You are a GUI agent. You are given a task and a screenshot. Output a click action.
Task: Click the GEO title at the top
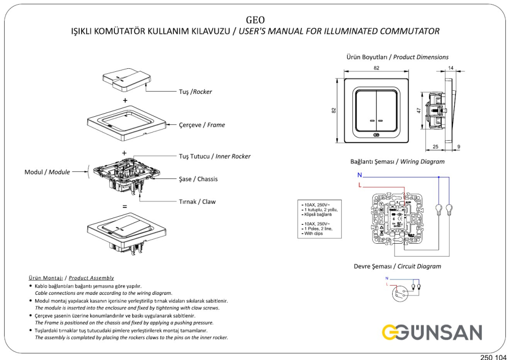coord(255,20)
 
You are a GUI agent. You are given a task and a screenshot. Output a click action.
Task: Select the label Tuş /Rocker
coord(195,92)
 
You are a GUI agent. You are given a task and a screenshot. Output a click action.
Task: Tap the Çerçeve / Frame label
coord(201,124)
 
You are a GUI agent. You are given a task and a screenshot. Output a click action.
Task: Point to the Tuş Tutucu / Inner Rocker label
coord(214,156)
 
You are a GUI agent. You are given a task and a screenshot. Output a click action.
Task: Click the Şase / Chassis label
coord(198,179)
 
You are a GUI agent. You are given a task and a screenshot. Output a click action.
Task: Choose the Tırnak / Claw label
coord(197,201)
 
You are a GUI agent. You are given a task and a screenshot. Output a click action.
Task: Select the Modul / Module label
coord(47,172)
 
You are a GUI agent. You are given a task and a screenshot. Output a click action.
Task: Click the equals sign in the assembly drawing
coord(124,207)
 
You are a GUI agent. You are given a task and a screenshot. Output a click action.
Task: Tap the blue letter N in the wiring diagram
coord(360,175)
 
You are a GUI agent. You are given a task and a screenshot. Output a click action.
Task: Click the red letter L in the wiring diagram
coord(360,185)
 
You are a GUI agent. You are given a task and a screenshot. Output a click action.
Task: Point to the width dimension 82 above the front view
coord(376,68)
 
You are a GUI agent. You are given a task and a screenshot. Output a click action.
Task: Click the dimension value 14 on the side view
coord(451,68)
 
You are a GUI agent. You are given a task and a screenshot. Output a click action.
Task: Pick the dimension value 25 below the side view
coord(435,147)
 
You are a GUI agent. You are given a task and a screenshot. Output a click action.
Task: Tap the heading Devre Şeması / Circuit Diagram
coord(397,266)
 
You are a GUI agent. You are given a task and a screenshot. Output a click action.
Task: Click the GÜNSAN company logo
coord(432,332)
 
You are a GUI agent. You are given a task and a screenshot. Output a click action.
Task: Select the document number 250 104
coord(493,356)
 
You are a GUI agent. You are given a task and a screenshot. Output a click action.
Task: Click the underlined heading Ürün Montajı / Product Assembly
coord(71,278)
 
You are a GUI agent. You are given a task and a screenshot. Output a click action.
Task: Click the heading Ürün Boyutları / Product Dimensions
coord(397,57)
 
